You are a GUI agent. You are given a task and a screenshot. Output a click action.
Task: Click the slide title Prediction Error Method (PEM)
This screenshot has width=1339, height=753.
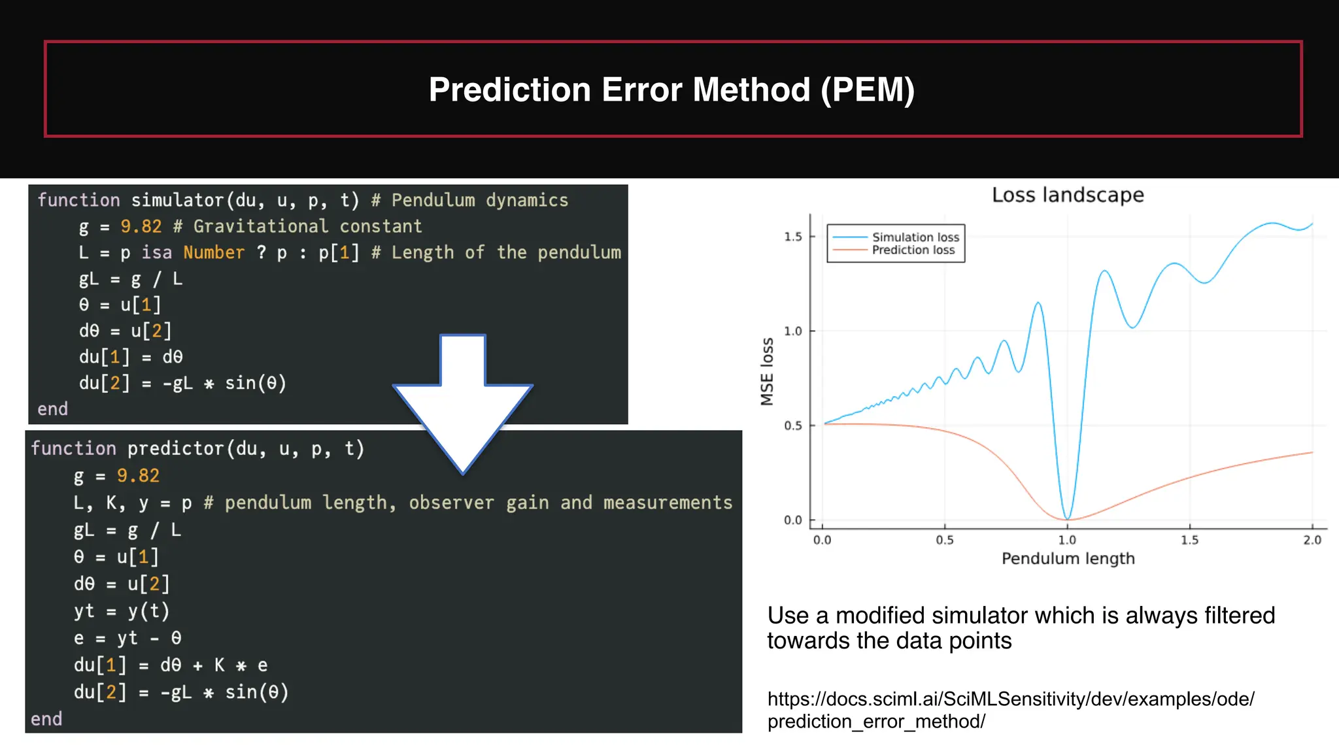point(671,90)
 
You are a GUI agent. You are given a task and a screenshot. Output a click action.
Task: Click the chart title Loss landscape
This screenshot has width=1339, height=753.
point(1068,195)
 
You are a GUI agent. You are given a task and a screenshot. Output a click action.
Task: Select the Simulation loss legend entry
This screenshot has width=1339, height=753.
point(915,237)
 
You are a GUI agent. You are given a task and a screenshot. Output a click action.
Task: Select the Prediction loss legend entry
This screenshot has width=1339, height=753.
point(913,250)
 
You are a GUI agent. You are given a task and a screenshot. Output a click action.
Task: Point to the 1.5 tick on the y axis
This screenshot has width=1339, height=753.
point(793,237)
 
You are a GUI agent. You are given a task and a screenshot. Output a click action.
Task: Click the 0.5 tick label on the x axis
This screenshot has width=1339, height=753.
point(945,541)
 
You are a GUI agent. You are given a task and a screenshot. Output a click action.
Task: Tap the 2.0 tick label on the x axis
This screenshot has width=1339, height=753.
point(1312,541)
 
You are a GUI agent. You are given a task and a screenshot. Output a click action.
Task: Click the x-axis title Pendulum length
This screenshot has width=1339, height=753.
point(1068,559)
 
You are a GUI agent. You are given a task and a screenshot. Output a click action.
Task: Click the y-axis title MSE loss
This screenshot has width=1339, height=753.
point(767,371)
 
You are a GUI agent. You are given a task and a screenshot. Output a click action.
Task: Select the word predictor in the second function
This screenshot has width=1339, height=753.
point(175,448)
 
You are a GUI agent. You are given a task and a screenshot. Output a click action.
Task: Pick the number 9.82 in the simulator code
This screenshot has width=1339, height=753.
point(141,226)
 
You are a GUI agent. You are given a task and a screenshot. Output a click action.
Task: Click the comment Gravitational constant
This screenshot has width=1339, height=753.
point(307,226)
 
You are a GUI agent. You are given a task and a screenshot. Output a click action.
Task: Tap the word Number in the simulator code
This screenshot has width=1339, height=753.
point(214,252)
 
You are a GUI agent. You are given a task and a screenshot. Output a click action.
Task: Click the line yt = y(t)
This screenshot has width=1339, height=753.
point(122,611)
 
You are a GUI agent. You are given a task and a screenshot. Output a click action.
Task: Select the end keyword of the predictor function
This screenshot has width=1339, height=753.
point(46,719)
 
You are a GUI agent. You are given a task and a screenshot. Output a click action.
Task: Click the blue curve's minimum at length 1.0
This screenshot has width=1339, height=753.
point(1067,518)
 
